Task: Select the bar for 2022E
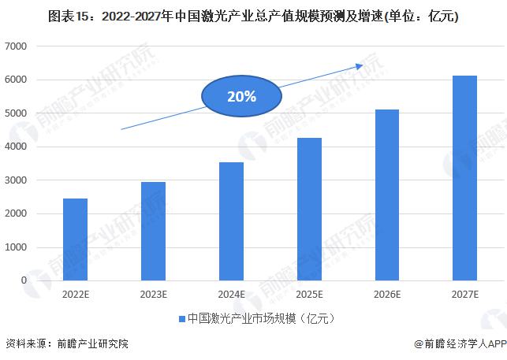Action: [75, 239]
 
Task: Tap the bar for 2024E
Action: [231, 221]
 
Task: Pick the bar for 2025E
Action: [309, 209]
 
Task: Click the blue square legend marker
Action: [181, 319]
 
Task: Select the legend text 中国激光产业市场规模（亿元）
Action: [258, 319]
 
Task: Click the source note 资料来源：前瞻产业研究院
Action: [66, 343]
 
